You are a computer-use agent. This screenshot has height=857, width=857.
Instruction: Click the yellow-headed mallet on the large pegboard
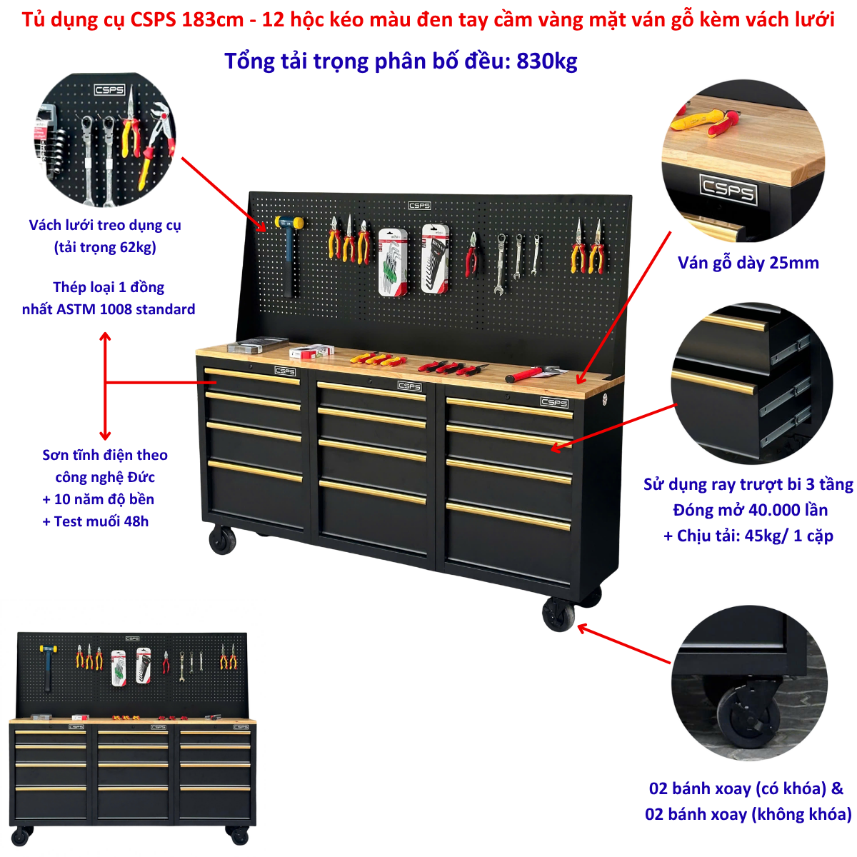click(289, 249)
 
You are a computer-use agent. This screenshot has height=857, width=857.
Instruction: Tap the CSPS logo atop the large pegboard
click(419, 206)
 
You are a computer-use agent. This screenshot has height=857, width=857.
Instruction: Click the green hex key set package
click(393, 262)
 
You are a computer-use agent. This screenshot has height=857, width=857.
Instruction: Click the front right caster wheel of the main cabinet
click(558, 613)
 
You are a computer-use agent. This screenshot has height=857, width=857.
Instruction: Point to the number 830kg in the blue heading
click(546, 61)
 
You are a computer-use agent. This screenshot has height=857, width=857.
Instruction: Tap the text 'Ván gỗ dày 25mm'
click(748, 263)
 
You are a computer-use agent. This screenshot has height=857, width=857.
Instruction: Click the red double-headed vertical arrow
click(105, 386)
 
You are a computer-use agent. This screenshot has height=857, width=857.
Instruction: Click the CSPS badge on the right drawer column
click(554, 402)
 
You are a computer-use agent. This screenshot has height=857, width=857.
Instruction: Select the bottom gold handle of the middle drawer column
click(373, 491)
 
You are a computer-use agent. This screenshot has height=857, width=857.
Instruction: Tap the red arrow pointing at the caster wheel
click(623, 644)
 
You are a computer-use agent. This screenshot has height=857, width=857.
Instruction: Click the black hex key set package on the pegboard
click(435, 259)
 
